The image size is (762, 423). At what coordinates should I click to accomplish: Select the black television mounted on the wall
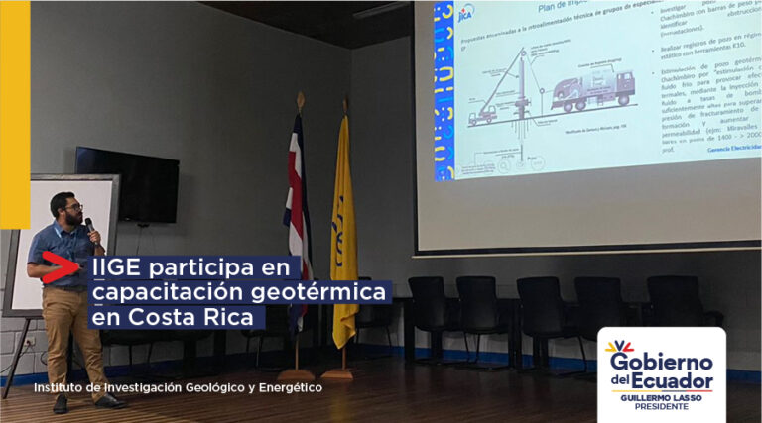127,184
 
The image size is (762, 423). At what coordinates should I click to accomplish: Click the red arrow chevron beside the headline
63,267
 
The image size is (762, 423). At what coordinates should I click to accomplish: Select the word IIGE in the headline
114,267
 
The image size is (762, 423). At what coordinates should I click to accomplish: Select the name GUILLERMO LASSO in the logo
661,399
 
